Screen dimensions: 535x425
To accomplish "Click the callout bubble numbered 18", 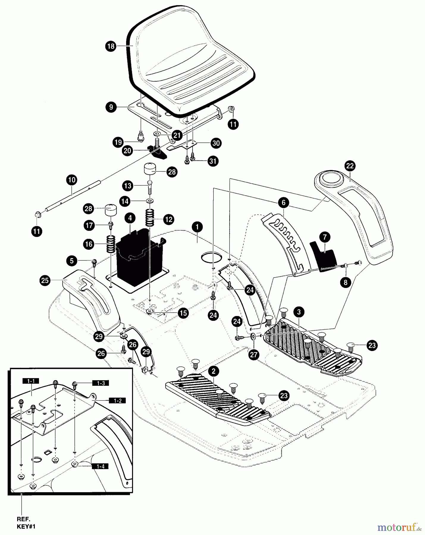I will coord(111,46).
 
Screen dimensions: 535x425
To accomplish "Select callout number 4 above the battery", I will coord(130,218).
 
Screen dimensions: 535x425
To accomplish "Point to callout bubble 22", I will coord(350,166).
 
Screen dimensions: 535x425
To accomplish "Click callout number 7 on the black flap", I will coord(324,237).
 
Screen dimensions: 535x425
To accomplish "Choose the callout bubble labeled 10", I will coord(72,180).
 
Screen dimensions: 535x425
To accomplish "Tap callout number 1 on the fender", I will coord(197,227).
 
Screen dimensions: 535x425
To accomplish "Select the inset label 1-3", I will coord(101,383).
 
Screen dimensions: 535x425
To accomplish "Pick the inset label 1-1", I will coord(31,381).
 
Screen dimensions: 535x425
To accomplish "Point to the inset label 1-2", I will coord(117,401).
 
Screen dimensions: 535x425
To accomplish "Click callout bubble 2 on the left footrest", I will coord(214,371).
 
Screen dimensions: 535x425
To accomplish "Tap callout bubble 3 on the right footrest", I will coord(299,312).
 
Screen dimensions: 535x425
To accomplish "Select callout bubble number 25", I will coord(45,281).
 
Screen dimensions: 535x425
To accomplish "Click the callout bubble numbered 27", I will coord(254,355).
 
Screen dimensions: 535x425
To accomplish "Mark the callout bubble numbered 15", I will coord(183,313).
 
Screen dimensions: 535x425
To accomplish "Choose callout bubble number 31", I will coord(213,161).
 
